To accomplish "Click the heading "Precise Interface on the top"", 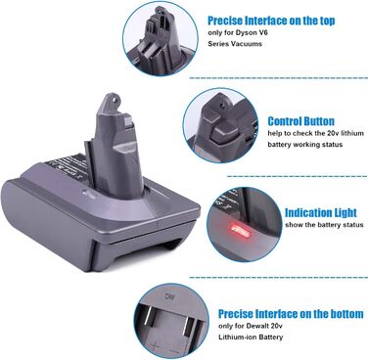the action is click(x=271, y=21).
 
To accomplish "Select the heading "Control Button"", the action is click(x=301, y=121).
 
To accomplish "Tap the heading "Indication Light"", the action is click(x=321, y=213).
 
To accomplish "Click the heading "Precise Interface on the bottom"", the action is click(x=291, y=314).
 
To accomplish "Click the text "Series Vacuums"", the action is click(x=235, y=44).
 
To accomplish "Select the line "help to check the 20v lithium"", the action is click(x=316, y=133).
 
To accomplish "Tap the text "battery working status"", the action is click(x=305, y=144).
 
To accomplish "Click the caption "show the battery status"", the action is click(x=324, y=225).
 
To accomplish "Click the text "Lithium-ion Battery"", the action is click(x=251, y=337).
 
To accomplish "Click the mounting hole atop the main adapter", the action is click(x=114, y=97).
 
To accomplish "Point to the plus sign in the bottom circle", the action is click(x=154, y=345).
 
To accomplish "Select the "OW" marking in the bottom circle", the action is click(x=168, y=297).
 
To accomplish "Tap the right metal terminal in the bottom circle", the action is click(x=189, y=326).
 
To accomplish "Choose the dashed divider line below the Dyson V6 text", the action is click(x=279, y=78).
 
